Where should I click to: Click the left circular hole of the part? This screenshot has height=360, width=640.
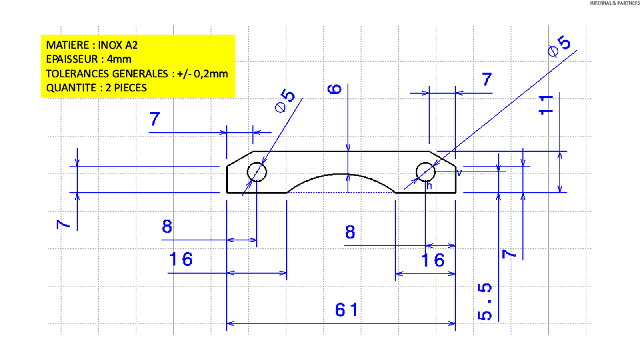coord(257,163)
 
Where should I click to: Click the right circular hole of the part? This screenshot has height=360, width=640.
coord(426,163)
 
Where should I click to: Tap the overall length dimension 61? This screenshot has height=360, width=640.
coord(347,310)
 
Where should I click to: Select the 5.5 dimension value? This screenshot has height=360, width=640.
coord(485,301)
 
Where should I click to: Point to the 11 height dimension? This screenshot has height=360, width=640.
coord(546,105)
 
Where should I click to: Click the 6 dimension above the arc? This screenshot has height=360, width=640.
coord(335,89)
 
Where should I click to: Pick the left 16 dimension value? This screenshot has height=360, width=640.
coord(181,259)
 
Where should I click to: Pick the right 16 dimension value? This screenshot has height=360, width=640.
coord(433,260)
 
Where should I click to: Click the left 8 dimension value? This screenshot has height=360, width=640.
coord(167,226)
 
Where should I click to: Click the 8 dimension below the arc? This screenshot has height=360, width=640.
coord(350,232)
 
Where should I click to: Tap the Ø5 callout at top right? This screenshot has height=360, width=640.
coord(559,46)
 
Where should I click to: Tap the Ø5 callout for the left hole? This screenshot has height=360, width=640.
coord(285,101)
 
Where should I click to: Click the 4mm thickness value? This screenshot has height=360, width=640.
coord(119,59)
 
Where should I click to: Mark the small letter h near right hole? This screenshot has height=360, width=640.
coord(429,186)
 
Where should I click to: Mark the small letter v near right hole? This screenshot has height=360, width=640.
coord(459,173)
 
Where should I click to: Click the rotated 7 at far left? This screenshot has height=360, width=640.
coord(63,224)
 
